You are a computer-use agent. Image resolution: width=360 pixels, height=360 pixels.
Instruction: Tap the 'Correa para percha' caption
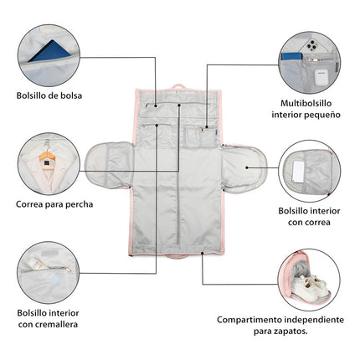(54, 203)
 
